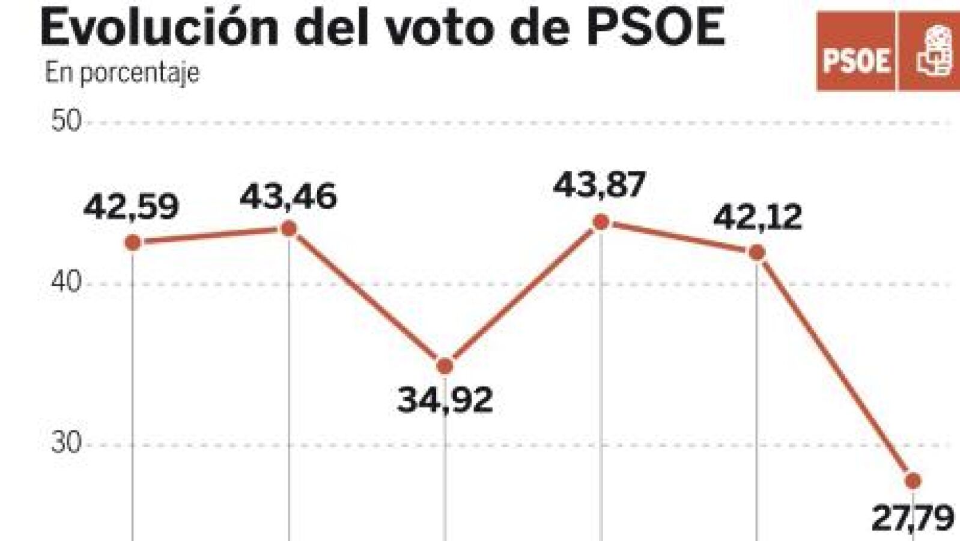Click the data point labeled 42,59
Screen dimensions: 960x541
pos(133,243)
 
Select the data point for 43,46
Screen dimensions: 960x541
pos(289,228)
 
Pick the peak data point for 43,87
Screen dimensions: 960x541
pos(601,222)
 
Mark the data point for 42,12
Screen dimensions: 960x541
pos(757,252)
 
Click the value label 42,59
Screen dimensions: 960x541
pos(131,207)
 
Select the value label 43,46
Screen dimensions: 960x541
pos(288,197)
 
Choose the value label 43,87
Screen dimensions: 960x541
pos(599,185)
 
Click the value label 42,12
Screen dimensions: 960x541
pos(758,218)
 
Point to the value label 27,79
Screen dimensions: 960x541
pos(913,518)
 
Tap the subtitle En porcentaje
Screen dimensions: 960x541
pos(122,73)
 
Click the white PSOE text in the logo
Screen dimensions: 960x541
pos(856,61)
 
